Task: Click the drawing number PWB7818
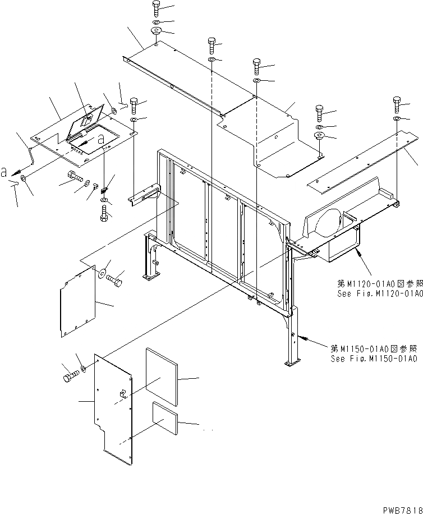[x=399, y=508]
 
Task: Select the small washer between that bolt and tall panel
[x=82, y=368]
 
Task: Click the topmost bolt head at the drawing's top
[x=155, y=8]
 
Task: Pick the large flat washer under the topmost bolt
[x=155, y=30]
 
